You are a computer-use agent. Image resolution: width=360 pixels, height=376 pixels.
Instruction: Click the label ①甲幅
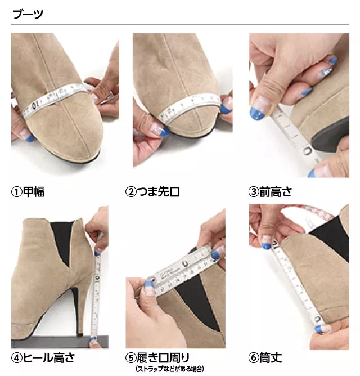pos(28,191)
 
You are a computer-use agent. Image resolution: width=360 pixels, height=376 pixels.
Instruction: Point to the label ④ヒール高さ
pos(43,358)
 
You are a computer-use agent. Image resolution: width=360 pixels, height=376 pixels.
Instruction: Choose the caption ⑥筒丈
pos(265,358)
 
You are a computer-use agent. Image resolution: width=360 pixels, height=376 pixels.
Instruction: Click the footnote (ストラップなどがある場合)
pos(168,369)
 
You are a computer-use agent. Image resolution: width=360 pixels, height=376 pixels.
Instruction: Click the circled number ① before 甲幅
pos(16,191)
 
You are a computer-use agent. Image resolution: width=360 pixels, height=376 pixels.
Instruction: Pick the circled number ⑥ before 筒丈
pos(254,358)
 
